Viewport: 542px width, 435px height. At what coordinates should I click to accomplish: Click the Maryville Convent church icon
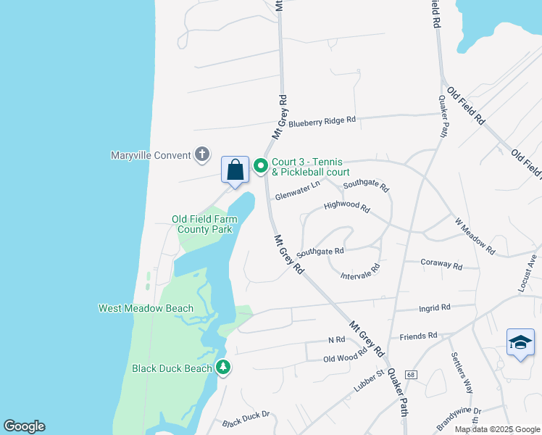pos(202,154)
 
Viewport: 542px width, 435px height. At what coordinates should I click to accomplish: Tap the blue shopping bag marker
pos(235,171)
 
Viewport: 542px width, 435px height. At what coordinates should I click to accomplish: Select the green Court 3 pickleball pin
pos(260,167)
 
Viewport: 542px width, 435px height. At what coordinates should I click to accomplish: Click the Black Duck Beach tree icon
pos(224,368)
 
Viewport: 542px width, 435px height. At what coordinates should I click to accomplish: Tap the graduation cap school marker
pos(520,343)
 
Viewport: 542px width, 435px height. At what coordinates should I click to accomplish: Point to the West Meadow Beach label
pos(146,308)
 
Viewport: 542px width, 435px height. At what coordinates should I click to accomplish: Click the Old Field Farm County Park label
pos(205,224)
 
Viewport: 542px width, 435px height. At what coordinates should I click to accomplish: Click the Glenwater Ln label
pos(297,191)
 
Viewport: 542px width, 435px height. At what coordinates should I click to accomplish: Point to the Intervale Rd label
pos(360,272)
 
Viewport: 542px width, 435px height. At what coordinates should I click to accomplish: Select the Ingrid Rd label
pos(435,307)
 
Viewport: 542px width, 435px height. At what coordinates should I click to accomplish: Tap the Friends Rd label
pos(419,336)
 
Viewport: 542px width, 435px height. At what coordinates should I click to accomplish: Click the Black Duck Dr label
pos(246,419)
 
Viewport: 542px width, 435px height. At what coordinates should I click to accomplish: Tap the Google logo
pos(24,426)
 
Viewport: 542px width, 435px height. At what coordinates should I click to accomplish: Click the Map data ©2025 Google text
pos(497,429)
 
